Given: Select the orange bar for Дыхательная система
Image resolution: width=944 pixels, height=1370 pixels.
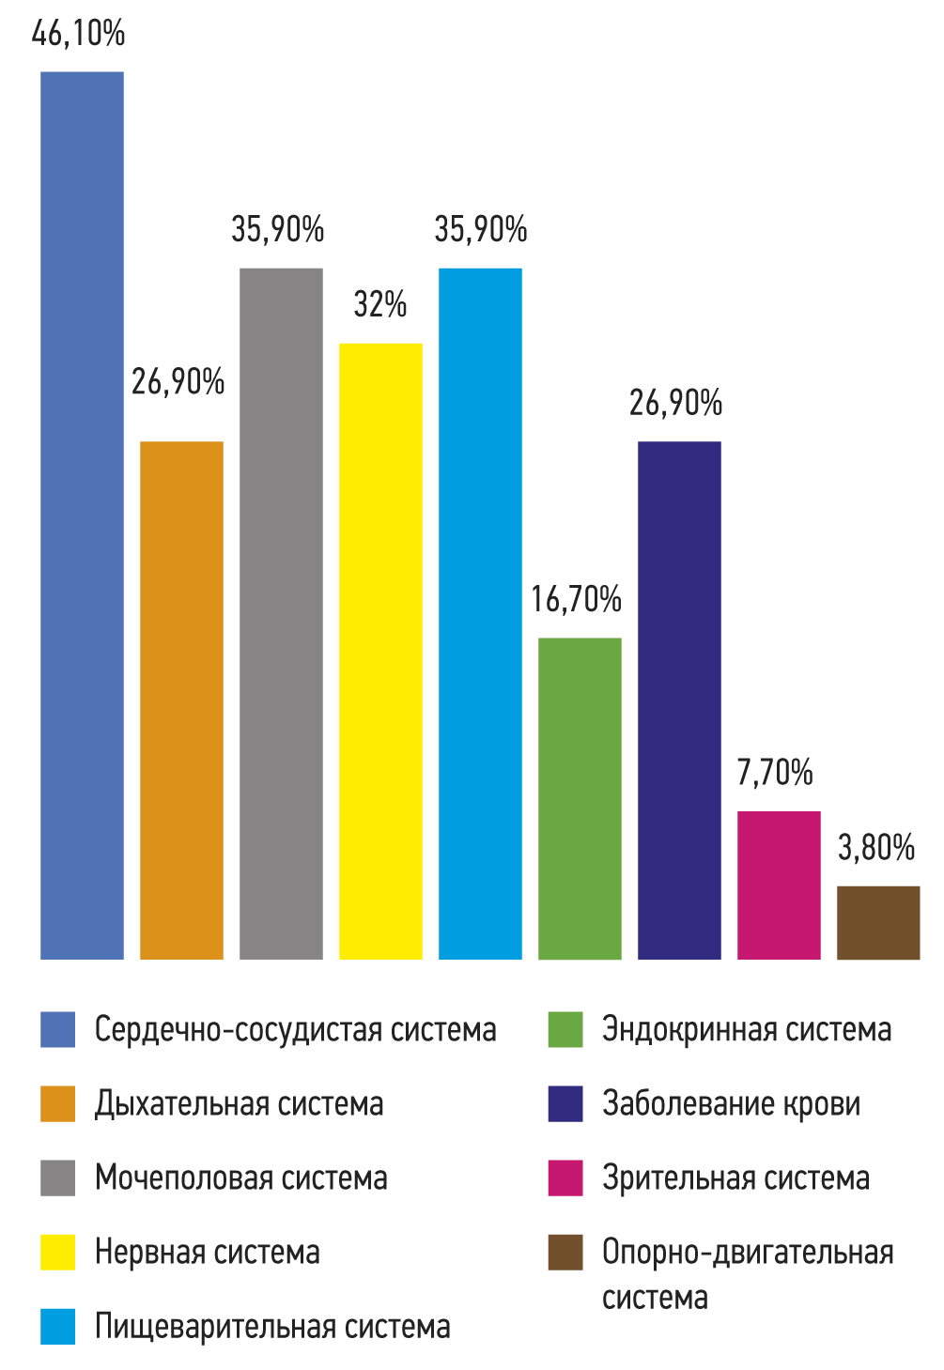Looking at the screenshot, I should [181, 700].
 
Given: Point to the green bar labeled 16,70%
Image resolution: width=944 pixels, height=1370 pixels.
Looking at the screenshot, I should [580, 798].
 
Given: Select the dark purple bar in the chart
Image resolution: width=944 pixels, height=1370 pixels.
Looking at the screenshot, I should [679, 700].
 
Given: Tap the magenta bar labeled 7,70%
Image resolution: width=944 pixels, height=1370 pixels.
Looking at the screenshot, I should [779, 885].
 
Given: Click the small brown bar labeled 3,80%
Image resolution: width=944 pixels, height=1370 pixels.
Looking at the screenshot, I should [878, 922].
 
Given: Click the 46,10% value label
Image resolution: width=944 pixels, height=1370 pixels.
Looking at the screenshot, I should [78, 34].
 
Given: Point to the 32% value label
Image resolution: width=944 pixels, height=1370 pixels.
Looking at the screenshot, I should [380, 304].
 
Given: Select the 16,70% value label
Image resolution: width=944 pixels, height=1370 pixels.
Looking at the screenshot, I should [577, 599].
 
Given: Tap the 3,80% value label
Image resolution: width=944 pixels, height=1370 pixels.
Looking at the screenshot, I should [876, 847].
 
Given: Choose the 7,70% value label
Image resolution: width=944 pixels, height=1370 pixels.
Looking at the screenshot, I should [775, 772].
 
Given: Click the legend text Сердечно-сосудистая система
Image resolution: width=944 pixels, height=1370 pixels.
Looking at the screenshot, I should [295, 1029].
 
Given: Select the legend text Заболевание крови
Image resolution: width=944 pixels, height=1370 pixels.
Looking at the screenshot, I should [731, 1103].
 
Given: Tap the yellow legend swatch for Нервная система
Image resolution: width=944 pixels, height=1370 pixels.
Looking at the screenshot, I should [57, 1253].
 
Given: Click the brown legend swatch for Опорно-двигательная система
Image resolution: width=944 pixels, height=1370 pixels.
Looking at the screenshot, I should [565, 1253].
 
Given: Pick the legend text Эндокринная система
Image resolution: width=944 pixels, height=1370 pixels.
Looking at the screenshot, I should [747, 1029].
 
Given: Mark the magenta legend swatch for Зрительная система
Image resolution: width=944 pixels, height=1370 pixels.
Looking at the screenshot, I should [565, 1178].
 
